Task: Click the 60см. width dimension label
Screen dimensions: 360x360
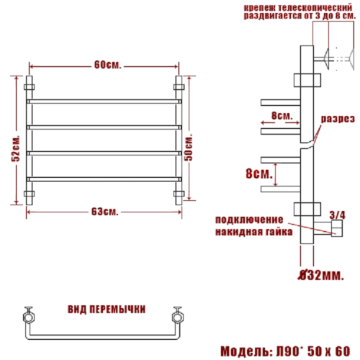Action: (107, 65)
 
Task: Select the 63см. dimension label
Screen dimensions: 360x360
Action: (105, 212)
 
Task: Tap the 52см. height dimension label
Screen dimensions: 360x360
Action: (16, 149)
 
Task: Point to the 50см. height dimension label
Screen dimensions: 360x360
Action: (189, 147)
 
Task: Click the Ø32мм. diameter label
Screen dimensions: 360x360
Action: (321, 275)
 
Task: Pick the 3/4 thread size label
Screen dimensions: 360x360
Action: (338, 215)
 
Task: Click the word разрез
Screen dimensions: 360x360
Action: (338, 119)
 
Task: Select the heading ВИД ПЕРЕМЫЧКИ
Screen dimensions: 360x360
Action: (107, 309)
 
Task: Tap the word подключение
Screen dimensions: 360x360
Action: (249, 220)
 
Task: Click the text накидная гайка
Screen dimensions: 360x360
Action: (254, 232)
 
